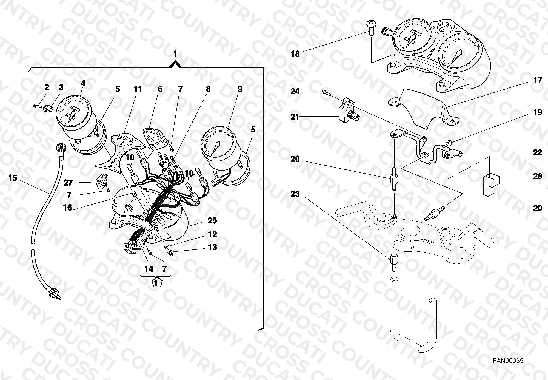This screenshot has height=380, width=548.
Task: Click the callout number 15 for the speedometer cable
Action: click(13, 178)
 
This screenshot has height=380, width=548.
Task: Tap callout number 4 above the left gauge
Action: click(83, 84)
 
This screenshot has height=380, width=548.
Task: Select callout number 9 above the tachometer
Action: click(240, 89)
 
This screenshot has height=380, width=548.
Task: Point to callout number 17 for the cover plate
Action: click(538, 80)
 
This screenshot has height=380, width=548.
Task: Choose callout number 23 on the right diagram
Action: click(295, 194)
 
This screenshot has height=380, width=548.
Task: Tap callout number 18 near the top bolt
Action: click(295, 54)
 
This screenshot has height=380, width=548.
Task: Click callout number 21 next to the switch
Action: click(295, 117)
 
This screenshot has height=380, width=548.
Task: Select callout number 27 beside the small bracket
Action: click(68, 183)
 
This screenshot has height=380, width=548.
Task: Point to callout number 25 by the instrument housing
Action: click(212, 221)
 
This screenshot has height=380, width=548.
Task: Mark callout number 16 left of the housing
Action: click(68, 208)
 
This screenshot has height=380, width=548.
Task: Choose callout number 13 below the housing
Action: click(213, 247)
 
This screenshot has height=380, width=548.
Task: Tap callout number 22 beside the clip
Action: click(538, 152)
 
